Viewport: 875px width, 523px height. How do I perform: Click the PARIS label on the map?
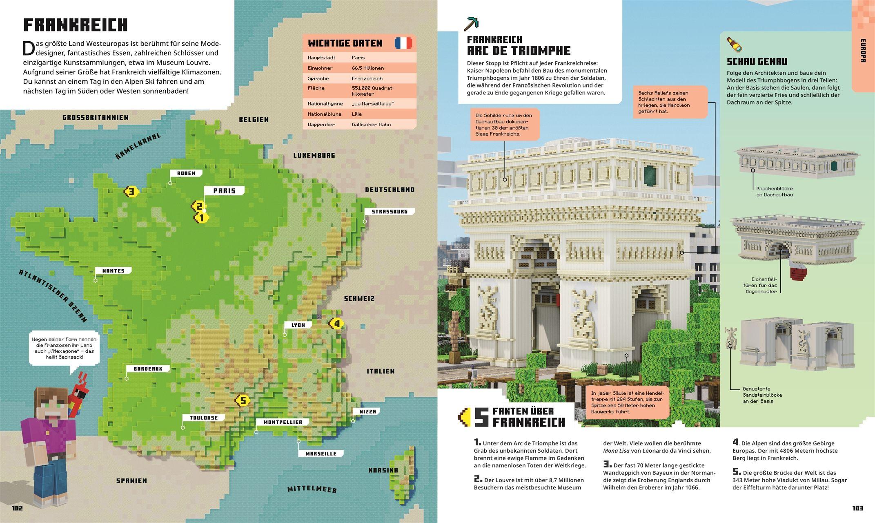pyautogui.click(x=224, y=191)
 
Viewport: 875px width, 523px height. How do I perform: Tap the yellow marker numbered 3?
pyautogui.click(x=131, y=191)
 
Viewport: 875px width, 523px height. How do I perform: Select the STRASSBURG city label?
pyautogui.click(x=390, y=212)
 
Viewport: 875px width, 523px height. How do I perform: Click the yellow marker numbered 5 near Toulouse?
pyautogui.click(x=243, y=400)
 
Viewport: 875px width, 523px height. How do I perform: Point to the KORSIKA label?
pyautogui.click(x=383, y=470)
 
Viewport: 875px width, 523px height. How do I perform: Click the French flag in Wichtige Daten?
pyautogui.click(x=403, y=43)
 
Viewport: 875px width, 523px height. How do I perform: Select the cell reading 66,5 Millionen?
pyautogui.click(x=367, y=68)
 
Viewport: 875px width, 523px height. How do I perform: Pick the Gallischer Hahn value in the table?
pyautogui.click(x=371, y=124)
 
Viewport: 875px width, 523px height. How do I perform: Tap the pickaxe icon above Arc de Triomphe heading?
pyautogui.click(x=471, y=24)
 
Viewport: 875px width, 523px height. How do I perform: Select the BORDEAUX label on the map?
pyautogui.click(x=148, y=369)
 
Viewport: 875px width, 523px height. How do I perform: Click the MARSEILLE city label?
pyautogui.click(x=321, y=454)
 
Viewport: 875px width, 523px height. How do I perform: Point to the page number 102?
pyautogui.click(x=18, y=508)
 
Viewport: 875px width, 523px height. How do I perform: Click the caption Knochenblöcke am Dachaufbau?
pyautogui.click(x=774, y=192)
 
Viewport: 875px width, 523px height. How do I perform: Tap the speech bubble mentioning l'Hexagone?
pyautogui.click(x=64, y=348)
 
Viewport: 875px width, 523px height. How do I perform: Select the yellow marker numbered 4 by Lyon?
pyautogui.click(x=336, y=324)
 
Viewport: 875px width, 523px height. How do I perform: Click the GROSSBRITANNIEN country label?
pyautogui.click(x=95, y=118)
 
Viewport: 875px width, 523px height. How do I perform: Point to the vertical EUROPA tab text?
pyautogui.click(x=863, y=51)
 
